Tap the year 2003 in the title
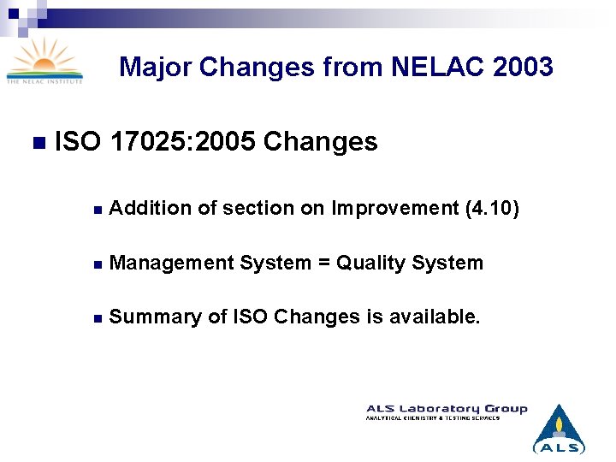pyautogui.click(x=524, y=66)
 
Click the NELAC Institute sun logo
pyautogui.click(x=44, y=62)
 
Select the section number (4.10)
pyautogui.click(x=490, y=208)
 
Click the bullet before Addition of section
pyautogui.click(x=98, y=209)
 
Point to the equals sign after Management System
pyautogui.click(x=324, y=263)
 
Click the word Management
pyautogui.click(x=171, y=263)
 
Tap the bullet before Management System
pyautogui.click(x=98, y=264)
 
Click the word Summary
pyautogui.click(x=148, y=317)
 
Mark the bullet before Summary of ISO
pyautogui.click(x=98, y=317)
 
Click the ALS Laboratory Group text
pyautogui.click(x=447, y=409)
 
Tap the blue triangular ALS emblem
pyautogui.click(x=559, y=429)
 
